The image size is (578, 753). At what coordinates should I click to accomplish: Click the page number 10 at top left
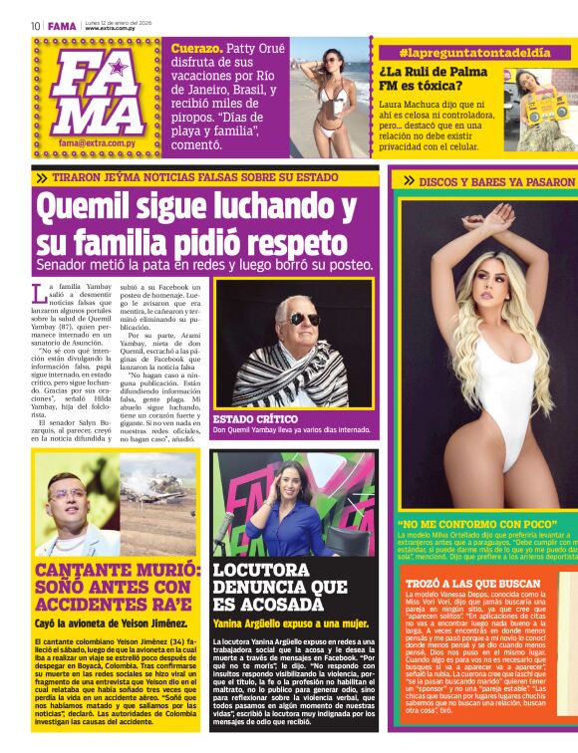[35, 26]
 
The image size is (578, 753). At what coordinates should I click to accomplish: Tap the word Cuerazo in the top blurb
[195, 48]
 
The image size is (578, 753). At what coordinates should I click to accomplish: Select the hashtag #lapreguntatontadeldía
[474, 52]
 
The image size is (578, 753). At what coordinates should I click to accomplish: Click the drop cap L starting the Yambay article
[39, 294]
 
